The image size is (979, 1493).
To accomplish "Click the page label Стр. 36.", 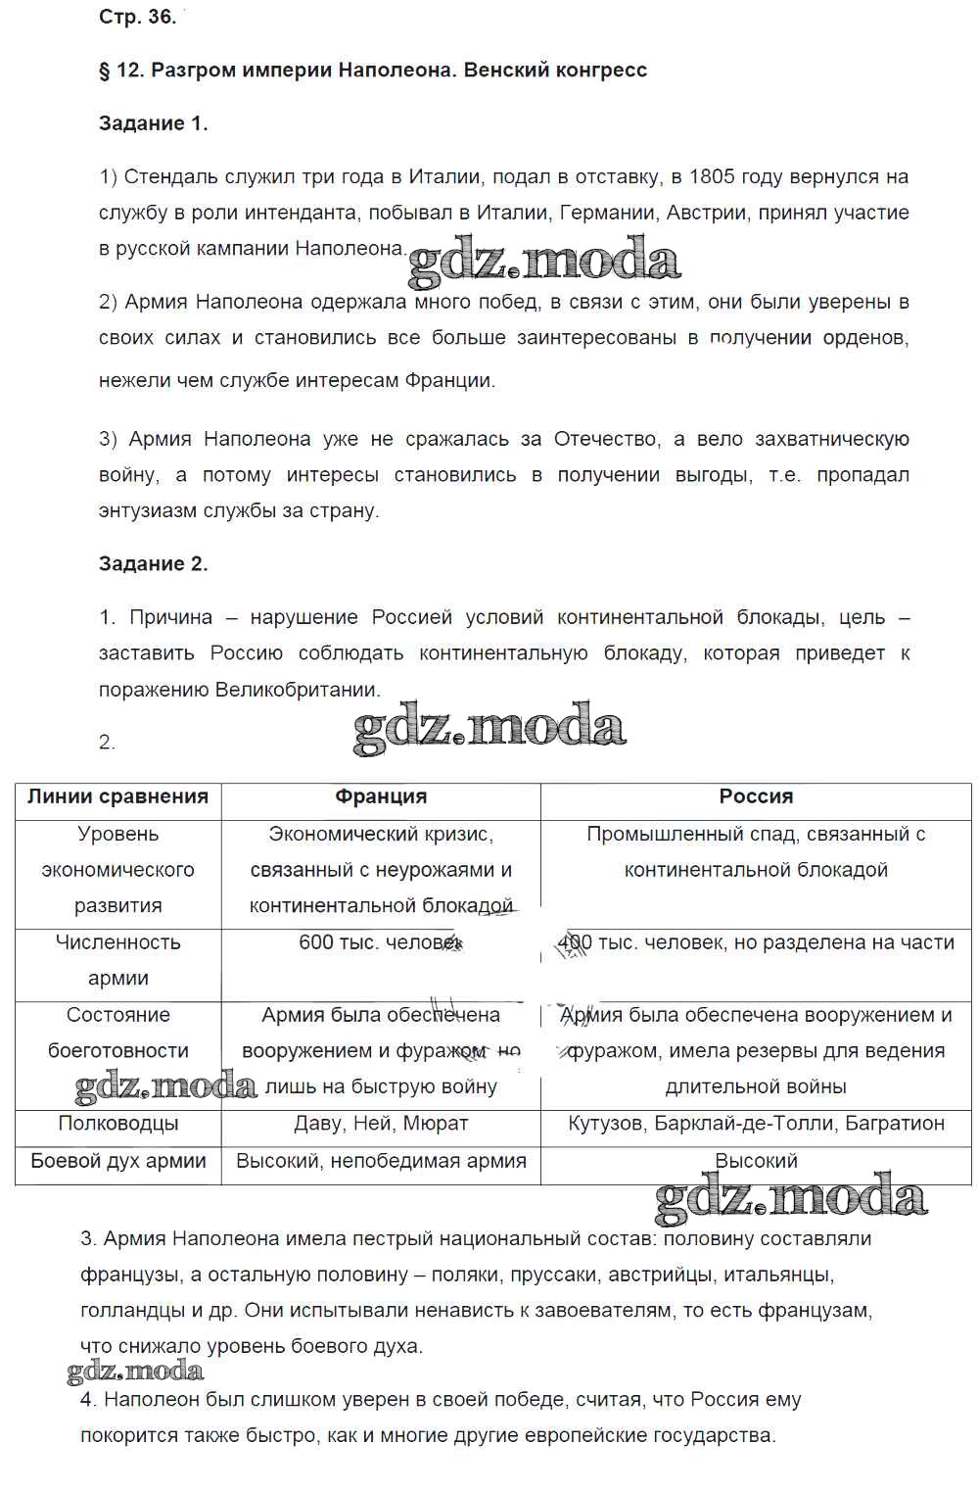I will (137, 17).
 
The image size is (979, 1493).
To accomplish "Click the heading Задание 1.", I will (153, 123).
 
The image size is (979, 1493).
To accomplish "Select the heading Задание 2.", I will (153, 564).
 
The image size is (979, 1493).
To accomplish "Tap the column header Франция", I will (381, 797).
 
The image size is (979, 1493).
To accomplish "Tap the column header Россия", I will (756, 797).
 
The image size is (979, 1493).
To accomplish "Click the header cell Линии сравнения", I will (117, 797).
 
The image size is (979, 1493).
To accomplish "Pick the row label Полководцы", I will (117, 1124).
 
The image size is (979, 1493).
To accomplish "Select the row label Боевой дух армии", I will (117, 1161).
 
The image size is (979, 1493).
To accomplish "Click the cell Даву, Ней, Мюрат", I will (381, 1124).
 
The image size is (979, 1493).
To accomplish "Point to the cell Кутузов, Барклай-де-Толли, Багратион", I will (756, 1124).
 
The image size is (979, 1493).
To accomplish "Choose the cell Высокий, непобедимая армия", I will (381, 1161).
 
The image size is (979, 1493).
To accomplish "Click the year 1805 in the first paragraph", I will (713, 177).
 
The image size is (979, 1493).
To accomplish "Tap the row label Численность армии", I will (117, 960).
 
